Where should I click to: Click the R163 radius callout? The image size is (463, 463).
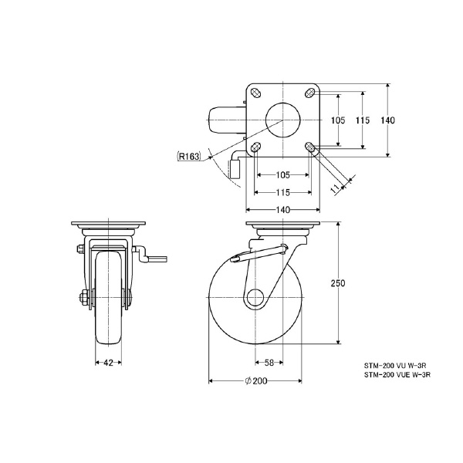(x=189, y=156)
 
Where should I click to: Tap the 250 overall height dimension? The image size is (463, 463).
(x=338, y=283)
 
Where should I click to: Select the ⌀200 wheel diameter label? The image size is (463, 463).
(x=256, y=381)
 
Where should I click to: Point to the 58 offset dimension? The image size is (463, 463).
(x=269, y=363)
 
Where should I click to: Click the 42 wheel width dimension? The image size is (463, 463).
(x=108, y=363)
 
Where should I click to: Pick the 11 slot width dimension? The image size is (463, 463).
(x=336, y=188)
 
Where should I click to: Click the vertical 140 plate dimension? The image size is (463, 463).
(x=387, y=120)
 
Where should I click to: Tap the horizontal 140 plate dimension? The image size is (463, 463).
(x=283, y=210)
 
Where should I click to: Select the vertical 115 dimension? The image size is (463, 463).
(x=363, y=120)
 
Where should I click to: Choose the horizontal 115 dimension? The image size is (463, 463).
(x=283, y=192)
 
